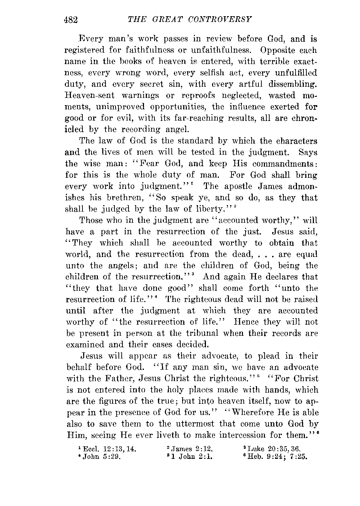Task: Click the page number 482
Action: [x=71, y=19]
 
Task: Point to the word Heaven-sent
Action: [x=94, y=95]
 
